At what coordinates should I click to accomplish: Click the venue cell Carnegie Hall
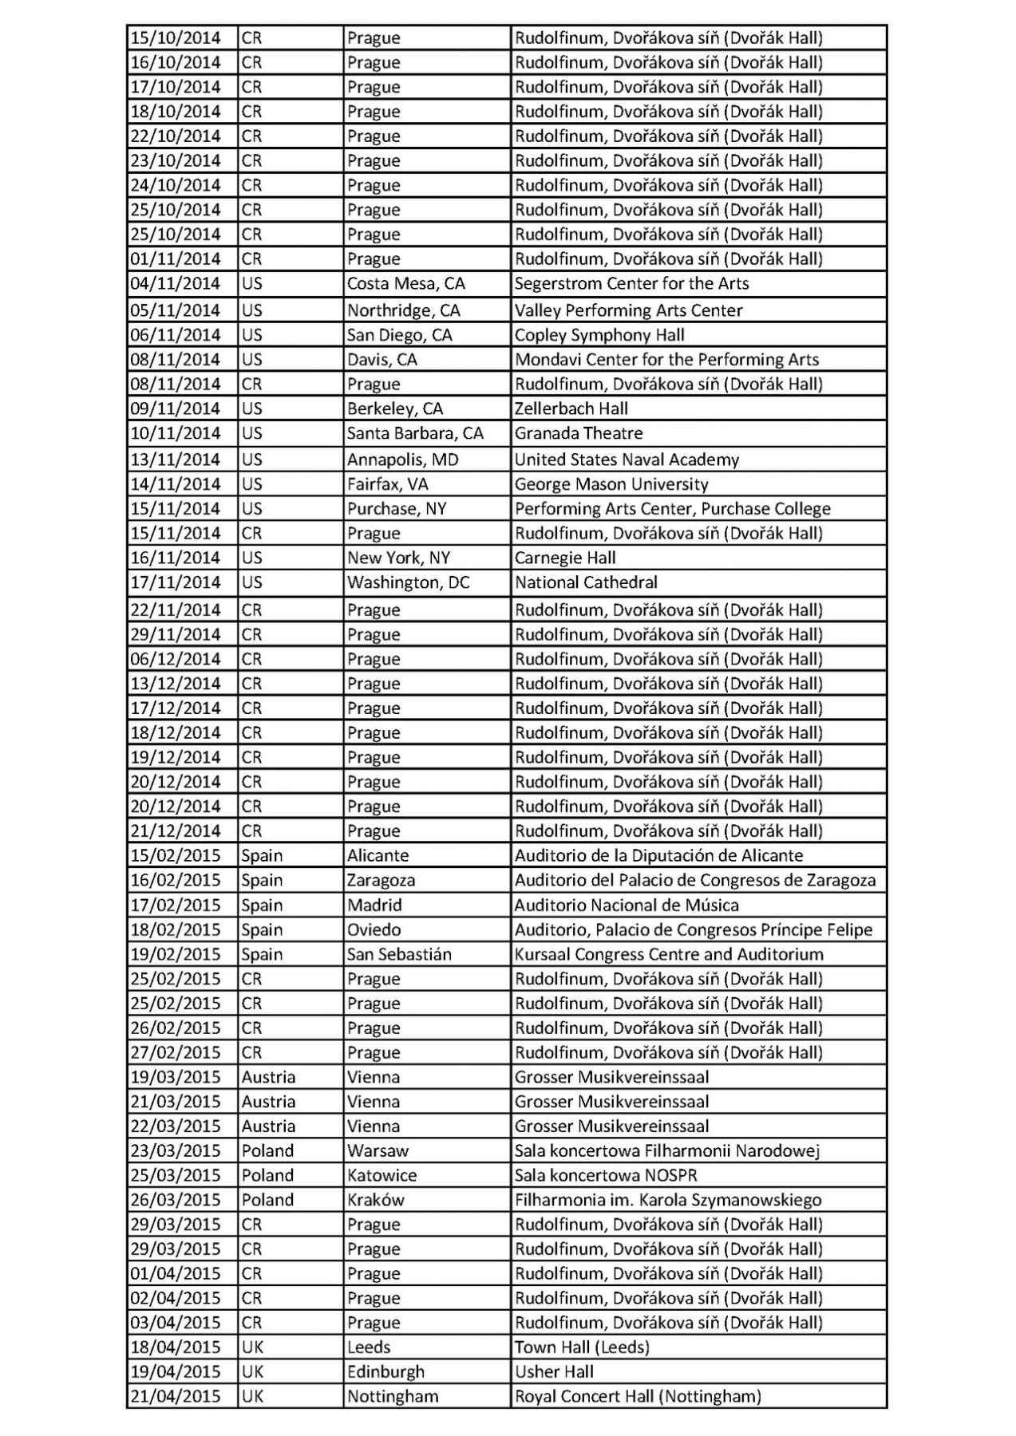point(565,558)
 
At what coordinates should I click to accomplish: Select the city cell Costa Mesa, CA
point(405,284)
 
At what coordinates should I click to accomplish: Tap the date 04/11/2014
point(176,284)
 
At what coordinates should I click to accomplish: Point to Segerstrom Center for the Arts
point(631,284)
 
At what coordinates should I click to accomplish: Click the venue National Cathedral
point(586,582)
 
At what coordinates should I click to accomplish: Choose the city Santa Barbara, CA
point(415,433)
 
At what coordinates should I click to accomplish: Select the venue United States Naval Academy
point(627,460)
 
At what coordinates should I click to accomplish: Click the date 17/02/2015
point(176,905)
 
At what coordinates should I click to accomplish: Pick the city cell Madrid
point(374,905)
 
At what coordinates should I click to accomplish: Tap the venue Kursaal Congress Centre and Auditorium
point(669,954)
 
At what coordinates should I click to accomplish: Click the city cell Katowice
point(381,1175)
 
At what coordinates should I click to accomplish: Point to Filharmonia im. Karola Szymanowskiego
point(668,1200)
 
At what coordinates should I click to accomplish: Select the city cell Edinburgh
point(385,1372)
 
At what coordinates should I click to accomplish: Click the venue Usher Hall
point(554,1372)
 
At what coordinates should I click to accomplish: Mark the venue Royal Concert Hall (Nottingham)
point(638,1397)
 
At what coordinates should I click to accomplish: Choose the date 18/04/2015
point(176,1347)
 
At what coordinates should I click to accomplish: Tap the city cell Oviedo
point(374,930)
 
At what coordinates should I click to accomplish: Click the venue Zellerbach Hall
point(571,408)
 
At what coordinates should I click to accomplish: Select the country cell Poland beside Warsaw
point(268,1150)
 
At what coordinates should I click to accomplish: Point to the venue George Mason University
point(611,484)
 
